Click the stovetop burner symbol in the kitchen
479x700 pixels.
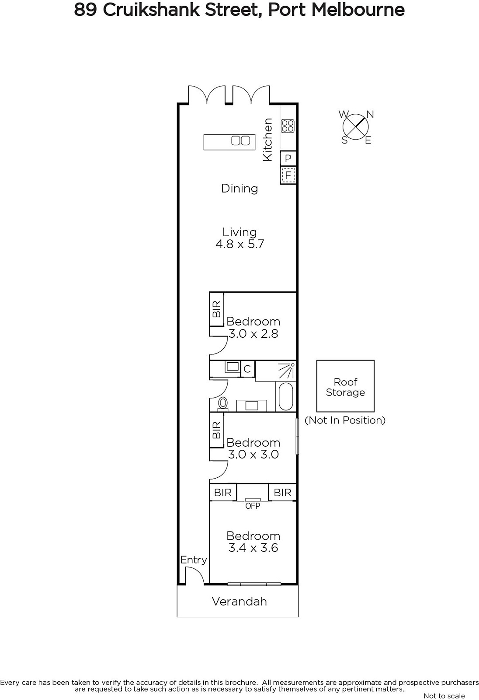click(288, 126)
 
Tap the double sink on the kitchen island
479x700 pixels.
click(240, 140)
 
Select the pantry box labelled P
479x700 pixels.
click(288, 158)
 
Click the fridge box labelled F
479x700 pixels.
click(288, 175)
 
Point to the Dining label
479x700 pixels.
click(239, 189)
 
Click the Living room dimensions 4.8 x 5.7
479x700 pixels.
click(240, 244)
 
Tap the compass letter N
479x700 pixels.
click(370, 115)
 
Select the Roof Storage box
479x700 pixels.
click(345, 386)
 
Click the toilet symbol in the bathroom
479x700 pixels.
click(223, 403)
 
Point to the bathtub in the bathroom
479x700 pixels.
click(285, 396)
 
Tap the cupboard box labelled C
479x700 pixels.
click(248, 369)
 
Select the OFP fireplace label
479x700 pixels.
click(253, 506)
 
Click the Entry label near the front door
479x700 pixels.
click(194, 560)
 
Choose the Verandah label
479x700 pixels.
click(239, 602)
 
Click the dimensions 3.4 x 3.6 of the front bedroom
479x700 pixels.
click(253, 548)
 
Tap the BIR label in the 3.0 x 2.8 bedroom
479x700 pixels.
click(216, 309)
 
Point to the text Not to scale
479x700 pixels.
click(444, 696)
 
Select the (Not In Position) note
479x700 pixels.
click(345, 420)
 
